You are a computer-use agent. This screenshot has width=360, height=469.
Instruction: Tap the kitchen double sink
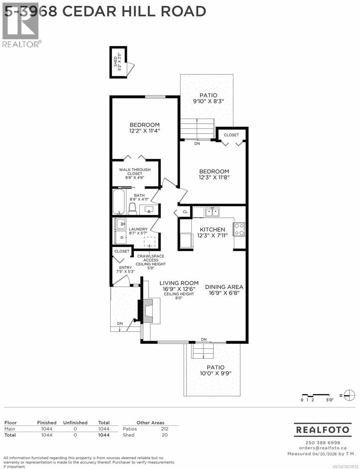coord(213,212)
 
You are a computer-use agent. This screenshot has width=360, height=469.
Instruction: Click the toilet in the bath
coord(133,208)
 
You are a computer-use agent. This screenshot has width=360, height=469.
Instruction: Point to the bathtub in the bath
coord(118,202)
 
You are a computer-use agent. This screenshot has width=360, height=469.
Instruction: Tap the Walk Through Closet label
coord(135,172)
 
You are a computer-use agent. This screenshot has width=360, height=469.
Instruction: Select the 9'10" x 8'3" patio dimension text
coord(208,102)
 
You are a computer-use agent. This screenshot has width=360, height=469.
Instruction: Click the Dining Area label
coord(224,286)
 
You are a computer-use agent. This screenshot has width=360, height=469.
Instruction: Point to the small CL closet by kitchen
coord(185,212)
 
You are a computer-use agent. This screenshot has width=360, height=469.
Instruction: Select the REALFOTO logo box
coord(322,430)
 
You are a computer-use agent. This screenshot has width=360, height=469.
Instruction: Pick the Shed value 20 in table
coord(164,435)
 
